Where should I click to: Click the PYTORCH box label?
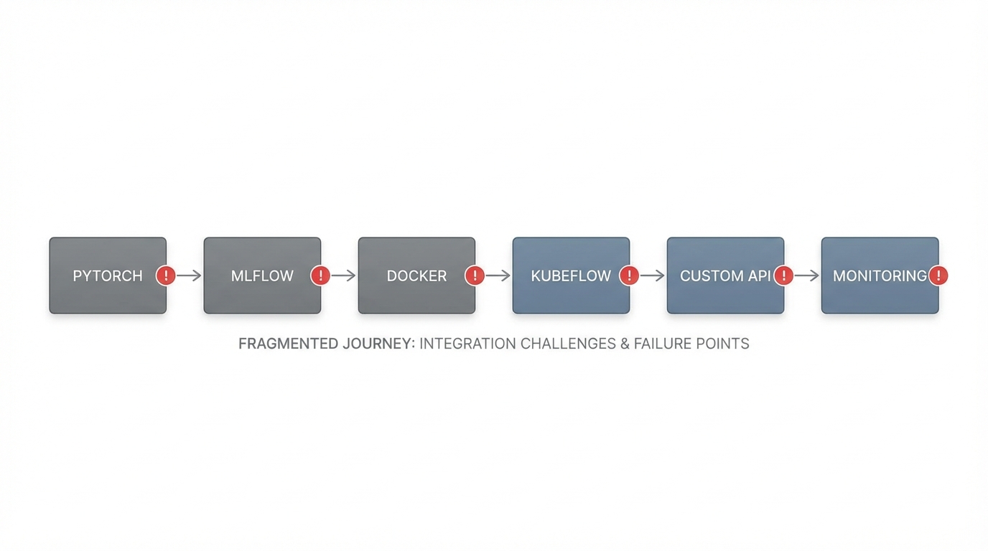[108, 276]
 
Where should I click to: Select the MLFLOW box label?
[262, 276]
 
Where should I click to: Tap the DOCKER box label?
[416, 276]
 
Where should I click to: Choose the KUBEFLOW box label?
[571, 276]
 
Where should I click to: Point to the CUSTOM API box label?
[724, 276]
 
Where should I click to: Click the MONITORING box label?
[879, 276]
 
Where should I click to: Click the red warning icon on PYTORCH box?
[166, 275]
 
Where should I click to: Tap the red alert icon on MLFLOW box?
[320, 275]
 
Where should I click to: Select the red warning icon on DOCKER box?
[475, 275]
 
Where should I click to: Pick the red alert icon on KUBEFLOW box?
[629, 275]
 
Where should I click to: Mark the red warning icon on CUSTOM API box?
[783, 275]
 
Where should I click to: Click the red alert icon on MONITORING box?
[938, 275]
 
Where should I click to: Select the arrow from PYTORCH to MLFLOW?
[189, 275]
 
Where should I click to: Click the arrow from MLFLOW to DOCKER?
[343, 275]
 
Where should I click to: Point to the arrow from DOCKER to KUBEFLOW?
[498, 275]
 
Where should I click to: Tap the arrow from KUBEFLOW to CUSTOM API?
[652, 275]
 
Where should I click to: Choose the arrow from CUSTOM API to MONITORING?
[806, 275]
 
